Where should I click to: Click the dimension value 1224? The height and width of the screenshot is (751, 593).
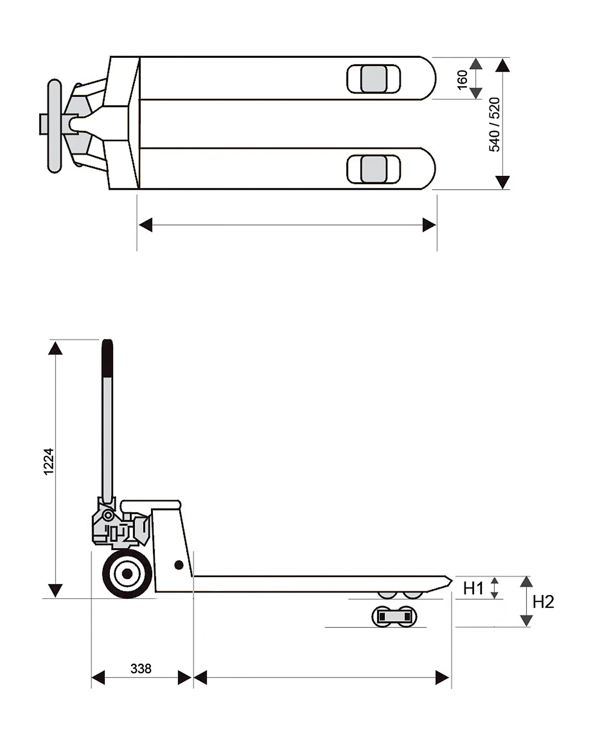click(x=49, y=461)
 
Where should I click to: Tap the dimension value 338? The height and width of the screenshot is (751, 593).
click(x=141, y=669)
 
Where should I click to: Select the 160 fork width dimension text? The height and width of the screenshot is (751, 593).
click(x=462, y=80)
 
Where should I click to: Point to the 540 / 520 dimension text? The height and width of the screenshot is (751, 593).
click(x=495, y=124)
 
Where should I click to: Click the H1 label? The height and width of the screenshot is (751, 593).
click(x=473, y=589)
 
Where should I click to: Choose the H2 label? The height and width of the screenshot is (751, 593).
click(x=543, y=602)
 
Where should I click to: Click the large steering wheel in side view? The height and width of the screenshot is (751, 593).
click(x=126, y=574)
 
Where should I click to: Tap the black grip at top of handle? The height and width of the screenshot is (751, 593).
click(x=107, y=359)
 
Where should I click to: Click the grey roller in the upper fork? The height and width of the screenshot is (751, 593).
click(x=374, y=79)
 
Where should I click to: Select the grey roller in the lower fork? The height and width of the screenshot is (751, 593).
click(x=374, y=169)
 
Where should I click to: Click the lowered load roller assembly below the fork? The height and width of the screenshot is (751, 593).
click(x=394, y=617)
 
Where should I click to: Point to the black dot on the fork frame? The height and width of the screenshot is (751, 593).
click(x=179, y=565)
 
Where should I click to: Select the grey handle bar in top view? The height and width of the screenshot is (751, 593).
click(x=55, y=126)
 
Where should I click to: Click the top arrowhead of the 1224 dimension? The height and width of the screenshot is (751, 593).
click(x=56, y=348)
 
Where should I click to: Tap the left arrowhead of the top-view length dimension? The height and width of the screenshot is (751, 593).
click(x=145, y=225)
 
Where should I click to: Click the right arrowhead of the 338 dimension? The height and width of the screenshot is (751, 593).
click(x=185, y=678)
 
